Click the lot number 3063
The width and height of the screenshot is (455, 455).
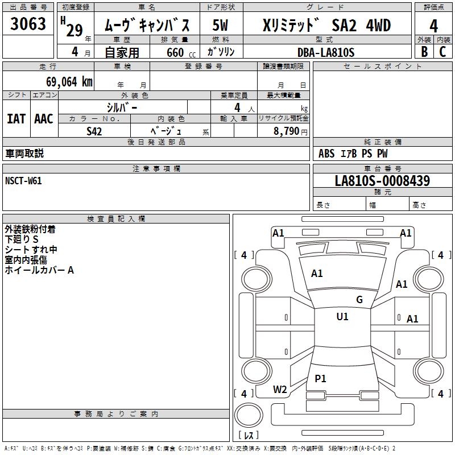[28, 24]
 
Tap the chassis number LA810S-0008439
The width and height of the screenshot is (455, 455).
[382, 181]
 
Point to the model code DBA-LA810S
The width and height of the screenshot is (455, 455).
[326, 52]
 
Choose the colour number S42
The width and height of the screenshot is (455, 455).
[94, 131]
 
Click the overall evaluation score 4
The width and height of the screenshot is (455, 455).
[434, 26]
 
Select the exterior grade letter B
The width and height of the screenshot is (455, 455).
[424, 52]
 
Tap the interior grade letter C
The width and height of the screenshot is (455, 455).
[442, 52]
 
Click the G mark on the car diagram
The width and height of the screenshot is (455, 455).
[359, 300]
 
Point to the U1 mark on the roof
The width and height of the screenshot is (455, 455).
[342, 317]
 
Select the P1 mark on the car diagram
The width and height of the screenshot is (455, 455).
[321, 378]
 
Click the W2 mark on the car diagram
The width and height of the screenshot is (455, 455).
[280, 390]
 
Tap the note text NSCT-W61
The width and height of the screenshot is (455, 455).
[23, 181]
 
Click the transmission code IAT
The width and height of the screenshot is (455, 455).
[16, 119]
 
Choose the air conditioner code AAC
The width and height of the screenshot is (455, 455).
[44, 119]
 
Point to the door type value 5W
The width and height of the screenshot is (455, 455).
[221, 26]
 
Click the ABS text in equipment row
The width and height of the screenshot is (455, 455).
[326, 154]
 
